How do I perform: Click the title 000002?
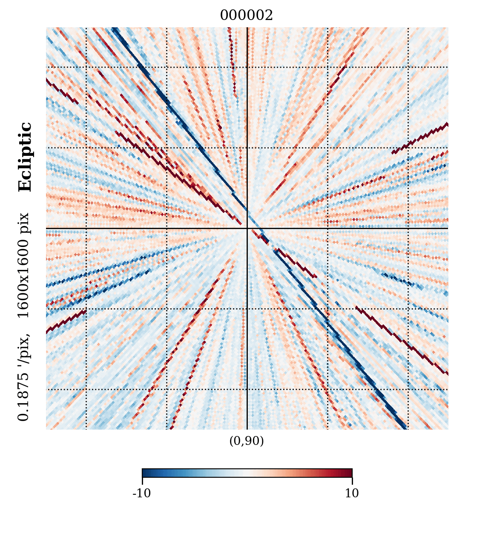246,16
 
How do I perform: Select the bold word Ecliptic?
25,157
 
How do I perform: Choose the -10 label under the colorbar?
142,493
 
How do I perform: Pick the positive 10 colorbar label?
352,493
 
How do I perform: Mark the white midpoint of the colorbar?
247,473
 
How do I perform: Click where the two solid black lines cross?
247,228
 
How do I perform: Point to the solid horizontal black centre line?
128,228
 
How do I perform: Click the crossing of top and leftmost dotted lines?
86,67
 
